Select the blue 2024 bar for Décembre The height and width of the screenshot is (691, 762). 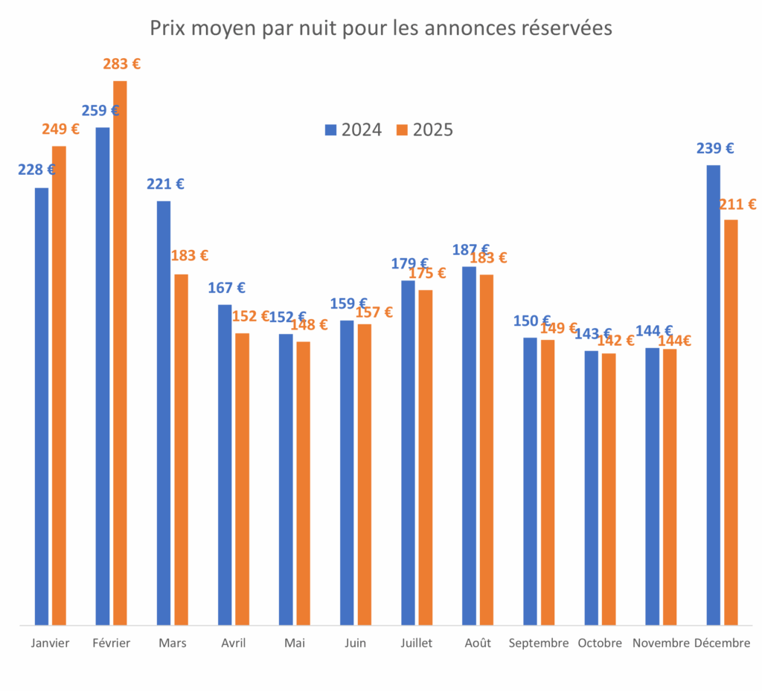[x=713, y=394]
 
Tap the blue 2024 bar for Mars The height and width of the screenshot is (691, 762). [x=164, y=413]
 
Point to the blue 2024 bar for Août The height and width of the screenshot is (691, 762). [x=469, y=446]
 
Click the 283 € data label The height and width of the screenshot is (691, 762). [x=121, y=65]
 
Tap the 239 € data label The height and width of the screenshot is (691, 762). [x=715, y=149]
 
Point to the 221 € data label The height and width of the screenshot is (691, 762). [x=165, y=184]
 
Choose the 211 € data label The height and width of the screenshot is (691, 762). [x=737, y=205]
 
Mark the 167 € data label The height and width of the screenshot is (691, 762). [x=226, y=288]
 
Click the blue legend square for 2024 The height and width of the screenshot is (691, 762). [x=331, y=130]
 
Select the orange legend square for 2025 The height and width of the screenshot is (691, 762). [x=403, y=130]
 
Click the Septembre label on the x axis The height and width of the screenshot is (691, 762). [x=539, y=643]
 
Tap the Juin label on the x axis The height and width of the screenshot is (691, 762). [x=356, y=643]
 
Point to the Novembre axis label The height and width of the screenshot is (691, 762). [x=661, y=643]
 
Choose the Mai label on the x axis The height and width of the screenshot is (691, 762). [x=294, y=643]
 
